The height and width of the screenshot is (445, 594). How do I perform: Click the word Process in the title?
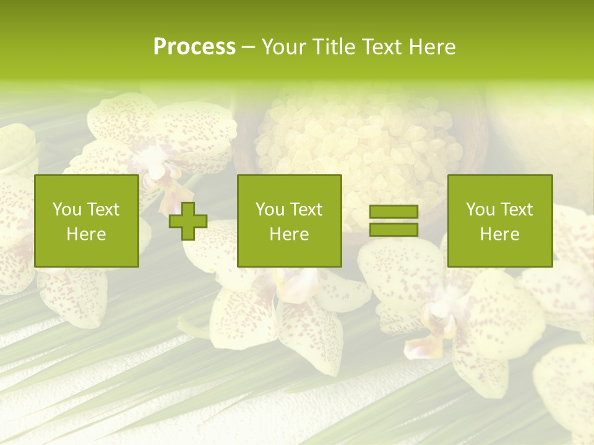pos(194,47)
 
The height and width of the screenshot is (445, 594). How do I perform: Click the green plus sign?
pos(188,221)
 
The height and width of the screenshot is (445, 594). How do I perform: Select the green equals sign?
pos(394,221)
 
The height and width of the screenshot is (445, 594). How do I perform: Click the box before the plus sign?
pos(86,221)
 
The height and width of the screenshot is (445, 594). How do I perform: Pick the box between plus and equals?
pos(289,221)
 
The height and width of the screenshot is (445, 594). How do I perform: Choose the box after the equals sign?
pos(499,221)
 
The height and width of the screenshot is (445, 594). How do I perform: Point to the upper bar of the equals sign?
pos(394,212)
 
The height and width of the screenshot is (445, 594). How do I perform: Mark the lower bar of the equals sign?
pos(394,229)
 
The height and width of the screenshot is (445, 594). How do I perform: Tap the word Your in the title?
pos(284,47)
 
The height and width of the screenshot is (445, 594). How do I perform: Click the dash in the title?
pos(248,48)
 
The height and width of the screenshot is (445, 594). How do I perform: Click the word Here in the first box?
pos(86,234)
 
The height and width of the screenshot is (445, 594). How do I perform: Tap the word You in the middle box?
pos(270,210)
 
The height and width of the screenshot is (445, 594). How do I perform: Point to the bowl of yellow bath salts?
pos(359,148)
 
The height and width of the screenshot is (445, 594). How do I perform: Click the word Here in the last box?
pos(499,234)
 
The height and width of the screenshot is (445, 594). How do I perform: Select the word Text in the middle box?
pos(308,210)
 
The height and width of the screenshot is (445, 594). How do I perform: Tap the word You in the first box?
pos(67,210)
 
